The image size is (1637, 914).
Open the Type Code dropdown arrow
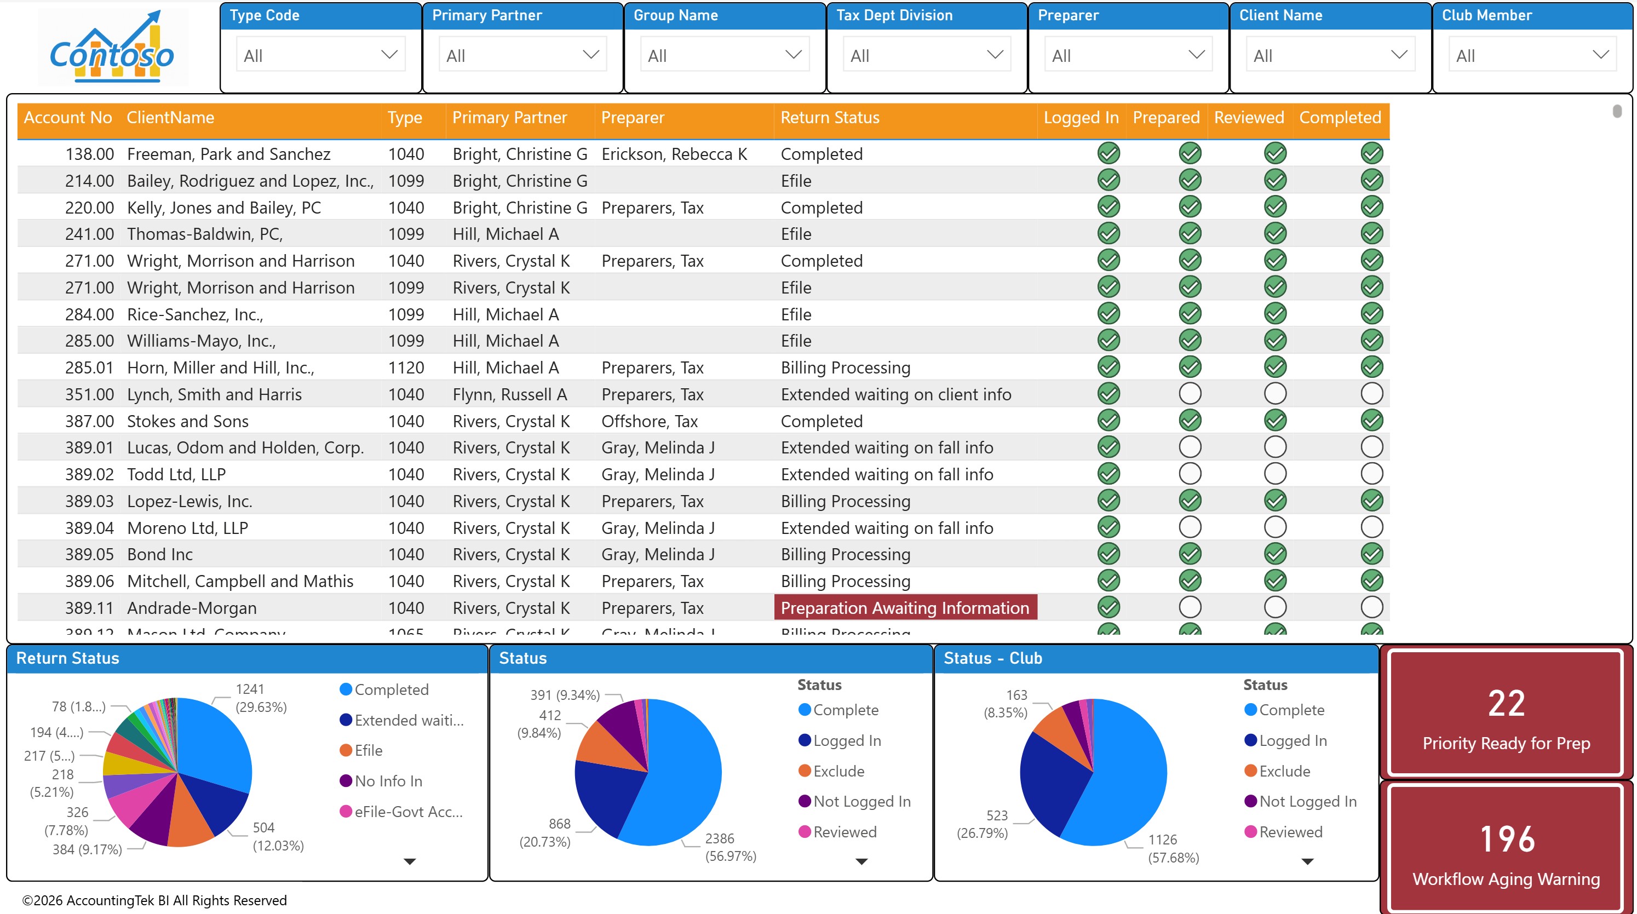(389, 55)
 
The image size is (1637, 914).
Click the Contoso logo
(112, 48)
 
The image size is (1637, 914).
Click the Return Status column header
(830, 118)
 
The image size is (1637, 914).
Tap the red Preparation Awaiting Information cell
(905, 608)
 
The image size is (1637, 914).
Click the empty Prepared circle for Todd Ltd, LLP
(1190, 474)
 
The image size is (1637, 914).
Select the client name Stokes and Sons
(187, 421)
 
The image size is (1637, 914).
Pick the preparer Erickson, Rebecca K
(674, 154)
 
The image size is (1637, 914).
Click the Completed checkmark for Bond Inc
(1371, 554)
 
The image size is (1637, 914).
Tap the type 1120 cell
(405, 367)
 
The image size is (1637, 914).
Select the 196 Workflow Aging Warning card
(1506, 850)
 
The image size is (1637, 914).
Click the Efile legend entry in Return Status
(368, 751)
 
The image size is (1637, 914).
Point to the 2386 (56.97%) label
(730, 847)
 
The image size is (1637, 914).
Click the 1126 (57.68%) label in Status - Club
(1173, 848)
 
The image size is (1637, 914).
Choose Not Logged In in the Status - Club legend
(1307, 802)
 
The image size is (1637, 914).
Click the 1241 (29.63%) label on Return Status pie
(261, 698)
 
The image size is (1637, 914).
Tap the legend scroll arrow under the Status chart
(861, 861)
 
